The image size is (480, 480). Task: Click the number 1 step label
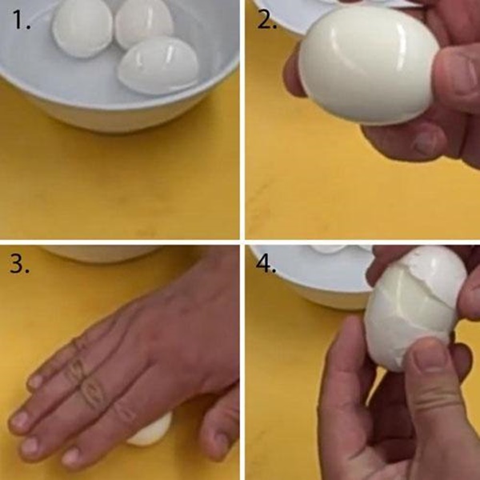[22, 19]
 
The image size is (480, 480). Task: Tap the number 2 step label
[267, 21]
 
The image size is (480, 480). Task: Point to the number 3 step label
[19, 264]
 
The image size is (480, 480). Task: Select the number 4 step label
[266, 264]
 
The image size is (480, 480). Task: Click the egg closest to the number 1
[82, 28]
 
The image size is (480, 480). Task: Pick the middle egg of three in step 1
[144, 24]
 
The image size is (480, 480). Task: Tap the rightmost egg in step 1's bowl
[158, 66]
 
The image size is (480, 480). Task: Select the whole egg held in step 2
[369, 65]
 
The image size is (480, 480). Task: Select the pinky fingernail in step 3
[36, 382]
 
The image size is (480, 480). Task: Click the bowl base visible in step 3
[101, 254]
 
